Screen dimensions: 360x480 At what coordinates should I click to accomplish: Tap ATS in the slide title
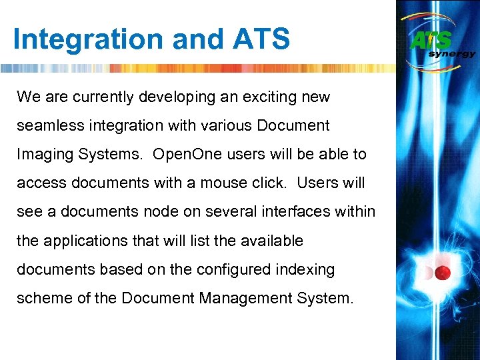pyautogui.click(x=262, y=40)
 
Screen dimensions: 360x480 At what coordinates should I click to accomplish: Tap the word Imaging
pyautogui.click(x=44, y=155)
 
